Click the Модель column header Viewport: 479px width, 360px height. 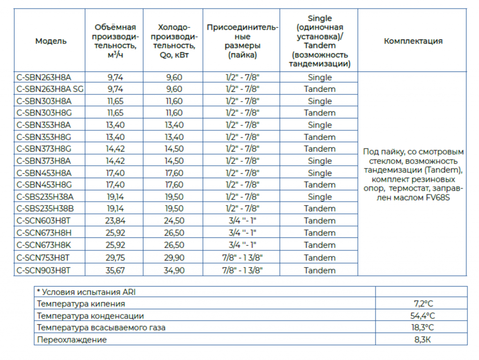[x=51, y=41]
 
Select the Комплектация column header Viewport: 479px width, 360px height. [x=413, y=41]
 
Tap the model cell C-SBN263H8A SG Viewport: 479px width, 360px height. [x=50, y=89]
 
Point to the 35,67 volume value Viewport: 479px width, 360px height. [x=115, y=270]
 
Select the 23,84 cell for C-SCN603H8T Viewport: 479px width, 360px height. [x=115, y=220]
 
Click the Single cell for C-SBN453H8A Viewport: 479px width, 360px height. [x=320, y=173]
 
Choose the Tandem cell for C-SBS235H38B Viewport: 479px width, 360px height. [x=320, y=208]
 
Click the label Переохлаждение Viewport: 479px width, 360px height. [x=72, y=340]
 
